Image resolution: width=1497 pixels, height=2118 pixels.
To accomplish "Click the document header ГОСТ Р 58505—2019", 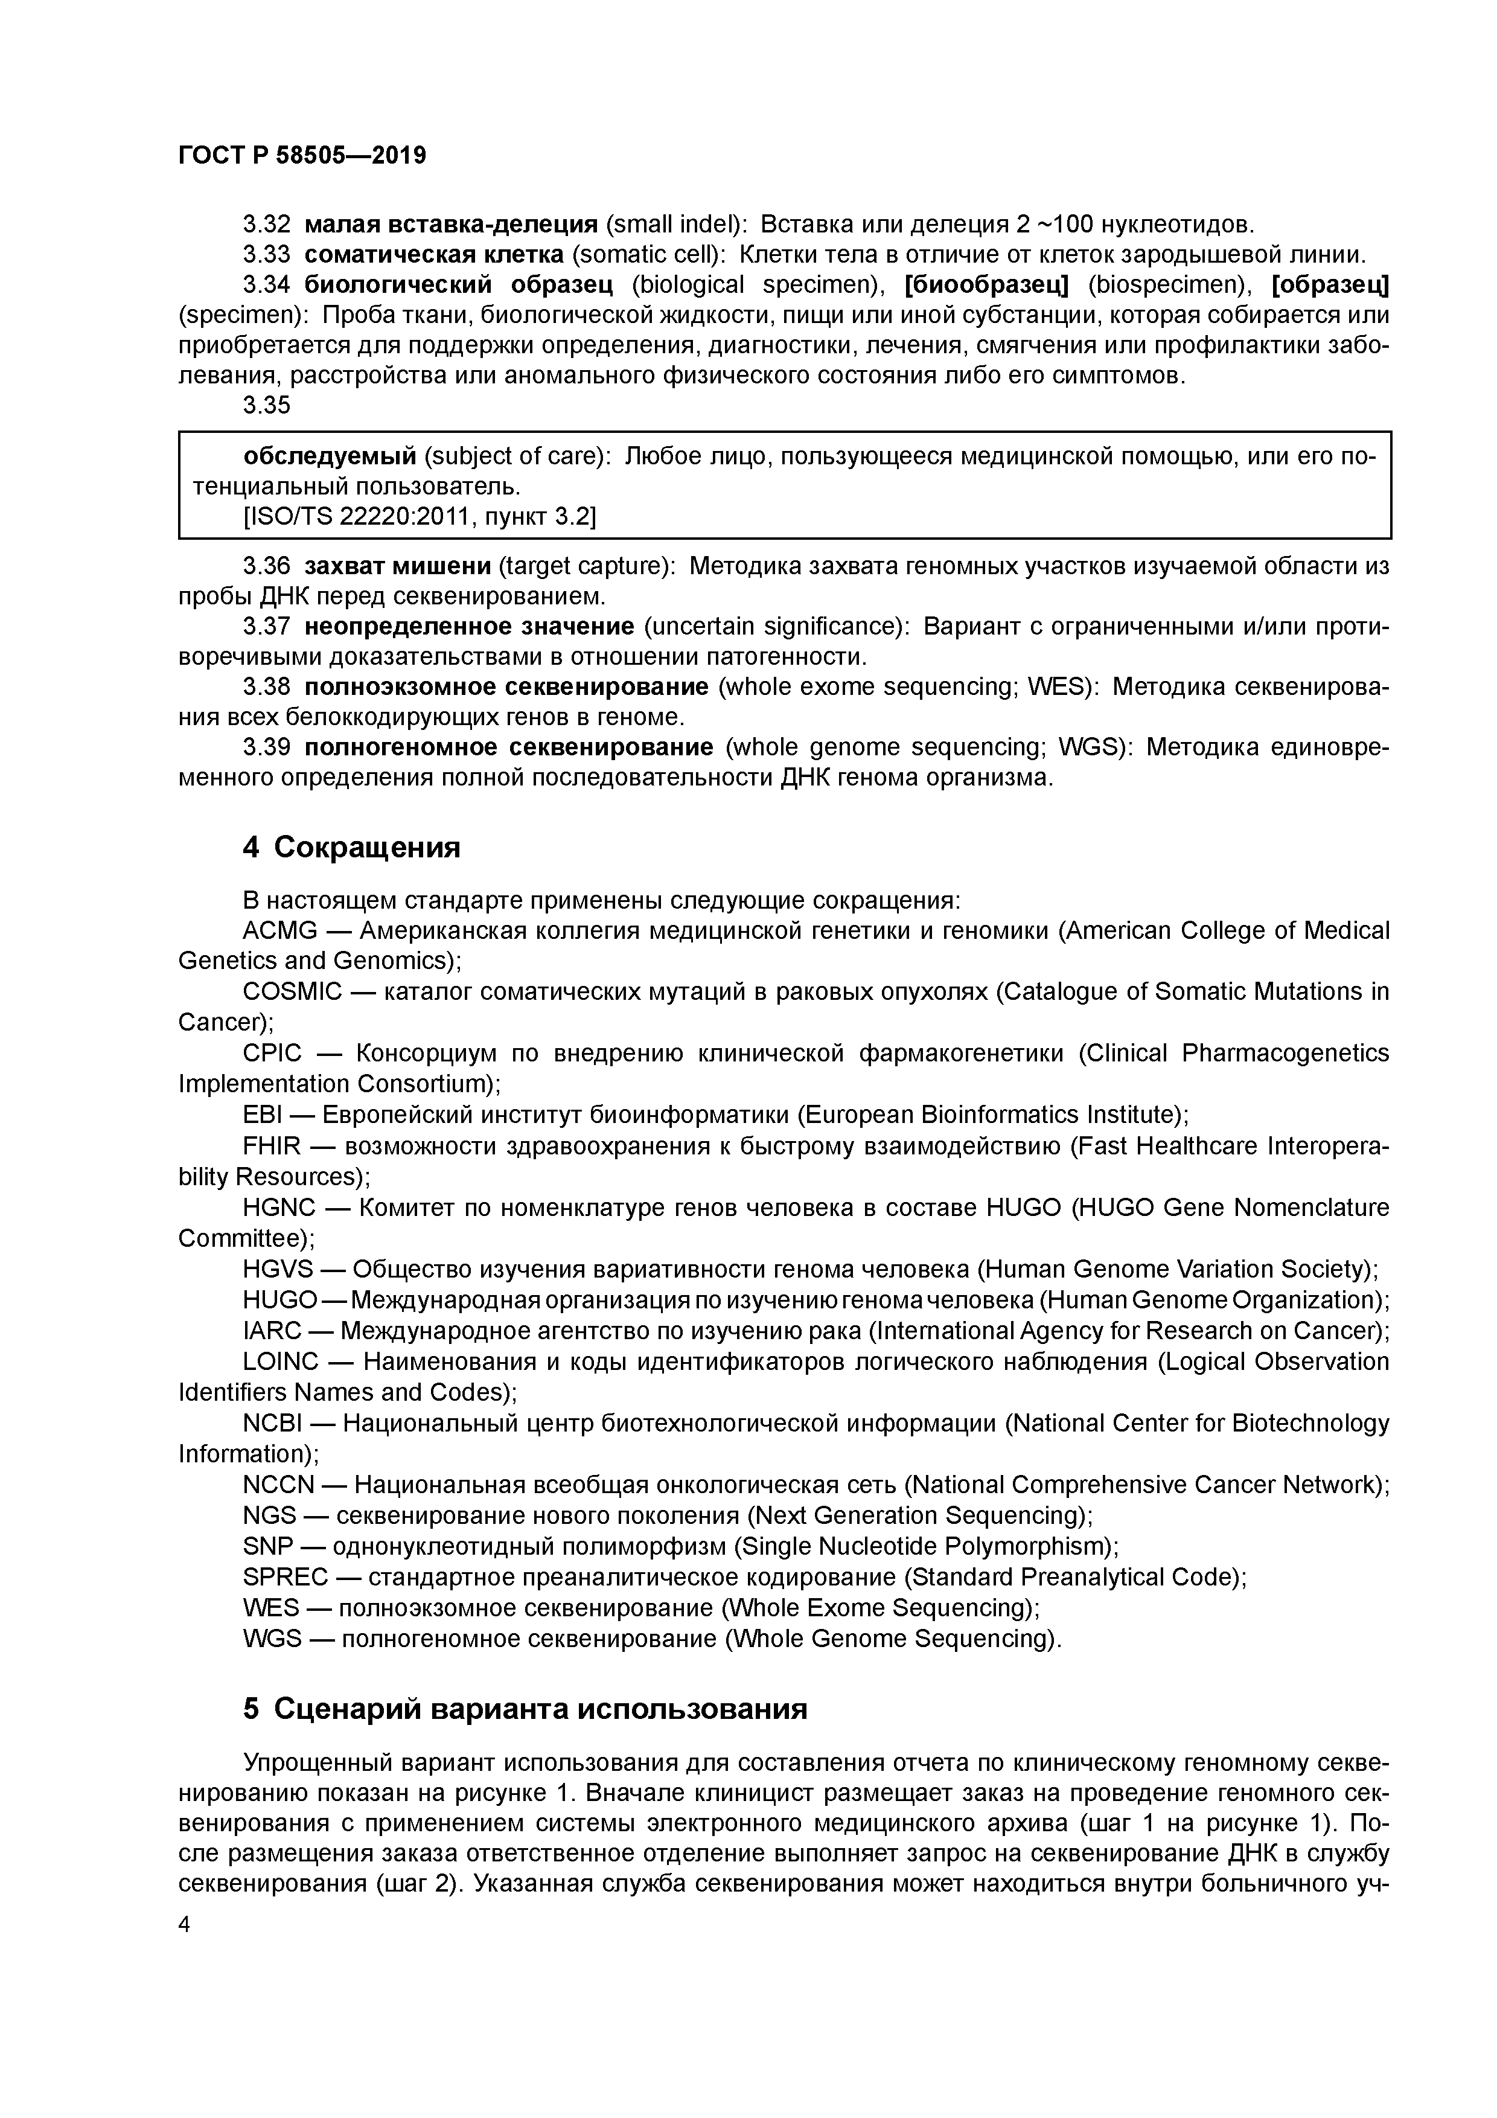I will click(x=302, y=156).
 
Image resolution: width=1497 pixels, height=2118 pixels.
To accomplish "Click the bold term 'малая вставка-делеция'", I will click(x=451, y=224).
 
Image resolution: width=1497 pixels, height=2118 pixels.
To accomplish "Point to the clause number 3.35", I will click(x=267, y=405).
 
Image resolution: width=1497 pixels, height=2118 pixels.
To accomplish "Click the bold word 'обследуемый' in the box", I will click(x=330, y=456).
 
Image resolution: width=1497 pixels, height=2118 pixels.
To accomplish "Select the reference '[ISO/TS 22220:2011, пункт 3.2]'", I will click(x=420, y=517).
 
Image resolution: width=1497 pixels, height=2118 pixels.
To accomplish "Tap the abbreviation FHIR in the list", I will click(x=271, y=1146).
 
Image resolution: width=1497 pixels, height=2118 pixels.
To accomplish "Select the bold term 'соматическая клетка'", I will click(x=433, y=255).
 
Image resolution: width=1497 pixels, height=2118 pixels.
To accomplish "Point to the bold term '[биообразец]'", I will click(x=986, y=285).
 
